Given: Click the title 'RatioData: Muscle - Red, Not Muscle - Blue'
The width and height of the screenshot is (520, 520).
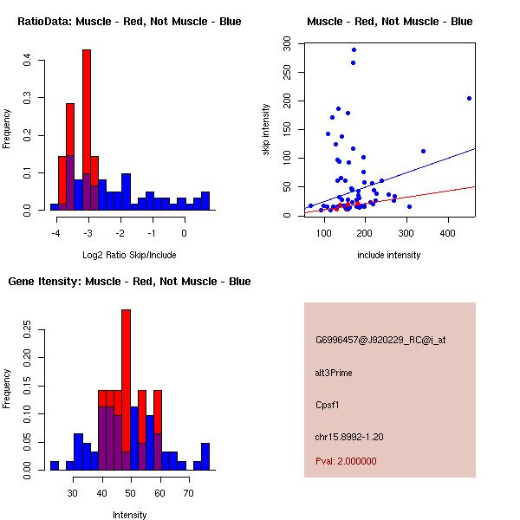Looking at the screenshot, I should tap(129, 21).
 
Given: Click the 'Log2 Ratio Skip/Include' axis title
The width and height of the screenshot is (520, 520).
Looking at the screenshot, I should tap(129, 256).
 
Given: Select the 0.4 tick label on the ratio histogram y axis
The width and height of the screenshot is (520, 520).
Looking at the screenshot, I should tap(28, 60).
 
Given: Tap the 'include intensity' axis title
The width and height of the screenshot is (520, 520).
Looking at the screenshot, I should tap(389, 256).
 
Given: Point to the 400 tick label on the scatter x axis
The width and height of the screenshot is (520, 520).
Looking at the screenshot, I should tap(447, 232).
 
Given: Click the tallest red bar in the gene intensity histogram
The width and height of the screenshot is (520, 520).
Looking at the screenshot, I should tap(126, 364).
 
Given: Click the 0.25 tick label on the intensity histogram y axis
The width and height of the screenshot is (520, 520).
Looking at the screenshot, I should tap(28, 330).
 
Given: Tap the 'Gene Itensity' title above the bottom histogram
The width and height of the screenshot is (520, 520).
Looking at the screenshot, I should tap(129, 281).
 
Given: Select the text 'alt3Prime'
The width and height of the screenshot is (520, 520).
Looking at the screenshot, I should tap(334, 373).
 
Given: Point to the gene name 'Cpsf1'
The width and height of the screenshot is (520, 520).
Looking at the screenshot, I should tap(328, 404).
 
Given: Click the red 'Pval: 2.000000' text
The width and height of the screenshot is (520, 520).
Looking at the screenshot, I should tap(346, 461).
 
